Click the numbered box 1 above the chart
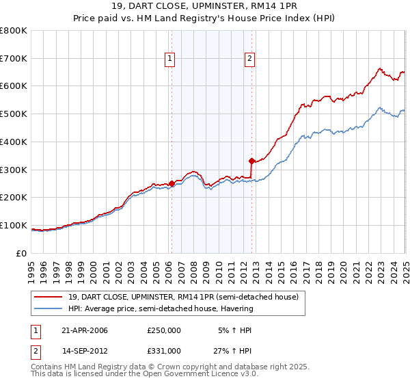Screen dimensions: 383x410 [169, 60]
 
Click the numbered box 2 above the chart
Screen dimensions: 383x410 [250, 60]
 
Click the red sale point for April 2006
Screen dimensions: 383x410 [172, 183]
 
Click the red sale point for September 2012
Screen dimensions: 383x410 [252, 161]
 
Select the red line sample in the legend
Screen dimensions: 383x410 [49, 298]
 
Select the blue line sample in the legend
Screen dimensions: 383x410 [49, 308]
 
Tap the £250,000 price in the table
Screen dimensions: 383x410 [164, 330]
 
